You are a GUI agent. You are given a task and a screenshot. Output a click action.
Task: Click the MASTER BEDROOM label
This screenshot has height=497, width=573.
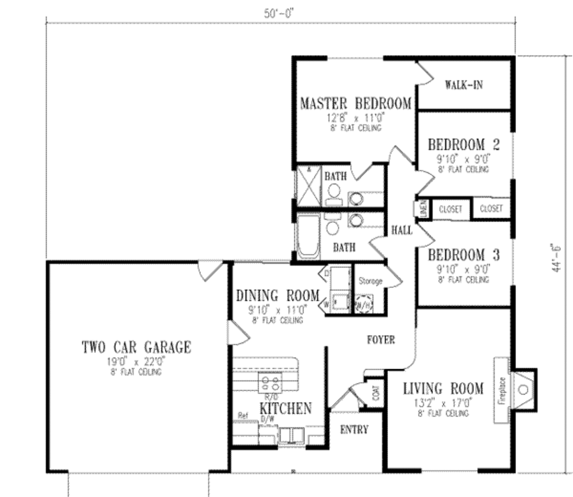[x=355, y=104]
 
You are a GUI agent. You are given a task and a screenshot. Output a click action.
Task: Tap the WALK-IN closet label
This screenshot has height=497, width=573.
[x=463, y=85]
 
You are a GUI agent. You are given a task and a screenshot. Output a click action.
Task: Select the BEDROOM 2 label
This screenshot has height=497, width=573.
[x=463, y=145]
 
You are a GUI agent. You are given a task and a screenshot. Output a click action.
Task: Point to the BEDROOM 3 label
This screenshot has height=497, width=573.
[x=463, y=255]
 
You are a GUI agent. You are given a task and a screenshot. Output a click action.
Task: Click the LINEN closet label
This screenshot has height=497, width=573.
[x=424, y=208]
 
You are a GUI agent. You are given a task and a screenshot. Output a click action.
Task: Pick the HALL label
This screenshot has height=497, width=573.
[x=402, y=230]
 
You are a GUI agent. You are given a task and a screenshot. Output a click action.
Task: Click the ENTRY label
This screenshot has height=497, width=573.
[x=354, y=430]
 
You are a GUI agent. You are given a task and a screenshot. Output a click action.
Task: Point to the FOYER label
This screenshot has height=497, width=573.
[x=381, y=340]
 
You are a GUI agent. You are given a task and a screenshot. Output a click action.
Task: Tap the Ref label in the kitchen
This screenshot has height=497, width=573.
[x=243, y=416]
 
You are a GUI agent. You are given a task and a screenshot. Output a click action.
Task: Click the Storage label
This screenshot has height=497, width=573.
[x=370, y=281]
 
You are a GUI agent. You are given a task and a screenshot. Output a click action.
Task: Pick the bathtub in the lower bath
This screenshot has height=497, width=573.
[x=308, y=236]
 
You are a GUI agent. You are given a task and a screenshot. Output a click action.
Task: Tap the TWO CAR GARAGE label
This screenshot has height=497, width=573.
[x=136, y=347]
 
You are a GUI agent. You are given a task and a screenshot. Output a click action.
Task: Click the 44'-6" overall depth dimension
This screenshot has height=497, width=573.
[x=556, y=258]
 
